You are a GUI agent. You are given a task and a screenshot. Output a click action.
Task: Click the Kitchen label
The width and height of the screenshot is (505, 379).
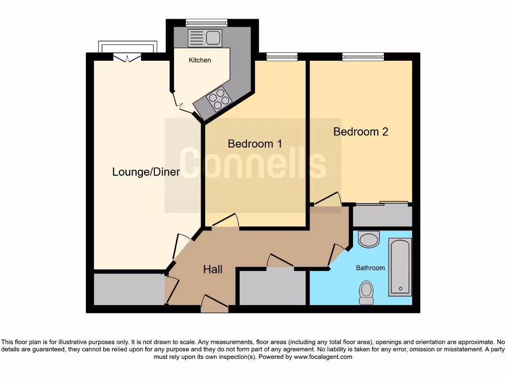tap(200, 60)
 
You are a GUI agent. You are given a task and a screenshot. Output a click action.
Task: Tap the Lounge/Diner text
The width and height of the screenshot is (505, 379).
tap(146, 172)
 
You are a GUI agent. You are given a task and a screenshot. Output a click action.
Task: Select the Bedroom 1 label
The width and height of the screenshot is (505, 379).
tap(254, 144)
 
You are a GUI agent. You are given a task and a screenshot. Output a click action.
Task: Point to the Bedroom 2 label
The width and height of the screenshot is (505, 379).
tap(361, 132)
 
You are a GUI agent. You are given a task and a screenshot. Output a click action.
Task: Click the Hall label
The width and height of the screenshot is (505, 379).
tap(213, 269)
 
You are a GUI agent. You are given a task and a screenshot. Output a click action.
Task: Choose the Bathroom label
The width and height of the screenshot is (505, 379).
tap(370, 268)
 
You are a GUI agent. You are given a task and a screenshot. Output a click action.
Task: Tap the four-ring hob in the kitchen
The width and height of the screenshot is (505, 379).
tap(219, 98)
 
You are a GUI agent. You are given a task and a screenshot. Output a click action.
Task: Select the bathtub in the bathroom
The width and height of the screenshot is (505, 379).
tap(400, 267)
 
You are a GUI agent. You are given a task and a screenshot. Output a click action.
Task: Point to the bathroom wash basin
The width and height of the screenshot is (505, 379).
tap(368, 240)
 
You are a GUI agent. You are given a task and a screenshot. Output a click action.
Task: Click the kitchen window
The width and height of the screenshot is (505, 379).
tap(207, 22)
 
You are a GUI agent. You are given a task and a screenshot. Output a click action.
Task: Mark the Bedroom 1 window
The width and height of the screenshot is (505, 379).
tap(282, 57)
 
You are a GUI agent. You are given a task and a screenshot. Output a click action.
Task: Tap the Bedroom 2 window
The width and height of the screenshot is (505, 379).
tap(363, 57)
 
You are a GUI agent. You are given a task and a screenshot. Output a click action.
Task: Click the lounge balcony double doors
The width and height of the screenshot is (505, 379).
tap(127, 58)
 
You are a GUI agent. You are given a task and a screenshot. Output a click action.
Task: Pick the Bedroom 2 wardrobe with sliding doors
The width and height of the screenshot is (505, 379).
tap(382, 215)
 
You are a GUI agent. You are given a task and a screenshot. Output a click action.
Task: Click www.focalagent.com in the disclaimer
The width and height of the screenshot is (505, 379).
tap(323, 357)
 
